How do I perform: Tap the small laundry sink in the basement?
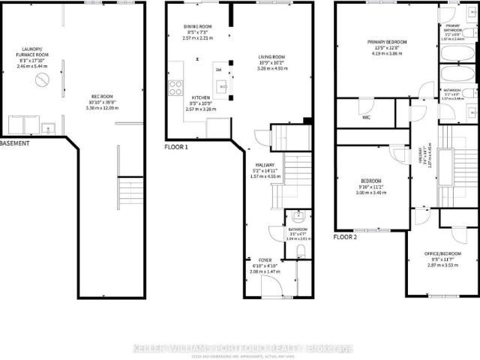point(46,125)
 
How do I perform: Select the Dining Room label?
point(199,31)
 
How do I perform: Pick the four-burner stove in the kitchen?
point(176,87)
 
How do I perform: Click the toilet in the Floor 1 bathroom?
point(300,250)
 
